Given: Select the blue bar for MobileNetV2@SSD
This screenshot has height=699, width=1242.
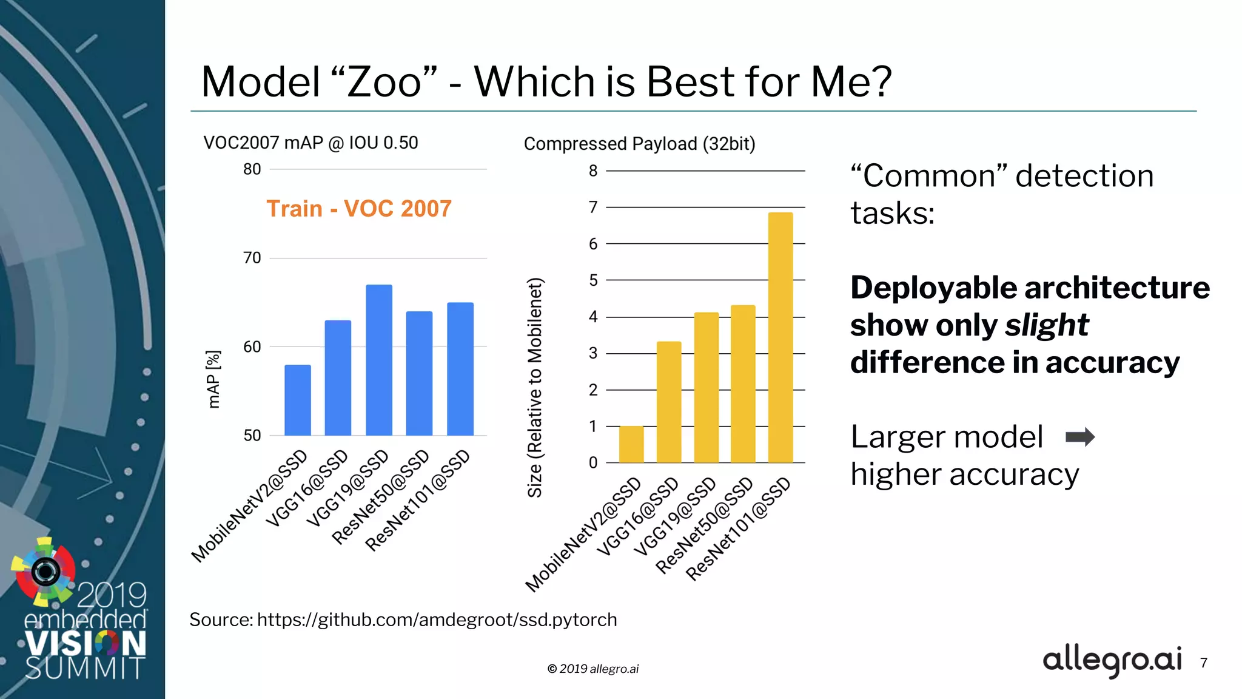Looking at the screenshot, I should coord(298,400).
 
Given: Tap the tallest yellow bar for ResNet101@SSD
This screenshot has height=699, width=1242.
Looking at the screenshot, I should coord(780,337).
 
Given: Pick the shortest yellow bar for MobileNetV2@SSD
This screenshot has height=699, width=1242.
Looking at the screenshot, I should coord(631,444).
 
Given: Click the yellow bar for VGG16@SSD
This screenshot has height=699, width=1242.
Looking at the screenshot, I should coord(669,402).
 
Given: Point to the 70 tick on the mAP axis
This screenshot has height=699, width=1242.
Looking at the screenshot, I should coord(252,258).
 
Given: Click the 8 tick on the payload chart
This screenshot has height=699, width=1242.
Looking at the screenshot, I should coord(593,171).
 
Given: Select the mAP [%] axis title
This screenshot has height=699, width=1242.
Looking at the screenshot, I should coord(213,379).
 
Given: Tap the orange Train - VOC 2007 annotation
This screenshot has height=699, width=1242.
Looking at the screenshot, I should coord(359,209).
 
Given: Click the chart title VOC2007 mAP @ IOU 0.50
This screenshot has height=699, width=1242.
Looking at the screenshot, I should coord(310,143).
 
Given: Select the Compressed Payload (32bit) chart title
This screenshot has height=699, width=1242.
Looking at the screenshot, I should coord(639,144).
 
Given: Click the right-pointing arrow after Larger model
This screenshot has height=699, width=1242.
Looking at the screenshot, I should coord(1079,437).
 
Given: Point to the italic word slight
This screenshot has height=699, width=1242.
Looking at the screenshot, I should coord(1047,325).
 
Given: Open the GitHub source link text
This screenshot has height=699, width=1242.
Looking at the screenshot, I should coord(437,620).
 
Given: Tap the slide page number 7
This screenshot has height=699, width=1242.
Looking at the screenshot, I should coord(1204,663).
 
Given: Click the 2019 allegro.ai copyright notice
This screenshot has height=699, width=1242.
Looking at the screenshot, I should coord(593,669).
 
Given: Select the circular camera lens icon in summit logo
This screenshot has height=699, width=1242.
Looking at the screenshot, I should coord(45,571).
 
